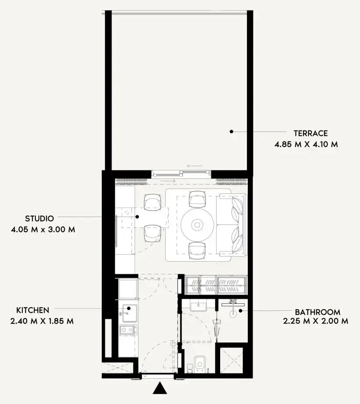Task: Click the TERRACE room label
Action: click(311, 133)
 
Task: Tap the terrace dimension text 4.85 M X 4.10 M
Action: click(306, 144)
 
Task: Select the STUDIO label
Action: click(39, 218)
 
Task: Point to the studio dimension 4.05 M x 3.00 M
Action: click(43, 229)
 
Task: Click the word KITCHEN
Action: click(33, 310)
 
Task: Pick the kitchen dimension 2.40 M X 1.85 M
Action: click(42, 321)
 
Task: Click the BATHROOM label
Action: click(318, 312)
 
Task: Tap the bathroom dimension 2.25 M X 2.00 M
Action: click(316, 321)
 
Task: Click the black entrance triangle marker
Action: click(160, 387)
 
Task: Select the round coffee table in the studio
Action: click(197, 225)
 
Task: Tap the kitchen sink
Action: click(130, 313)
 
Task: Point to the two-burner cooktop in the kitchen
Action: click(128, 330)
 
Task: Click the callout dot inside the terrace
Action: click(232, 131)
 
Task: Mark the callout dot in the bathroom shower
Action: click(240, 311)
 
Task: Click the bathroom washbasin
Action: click(198, 306)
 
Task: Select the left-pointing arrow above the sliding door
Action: click(195, 166)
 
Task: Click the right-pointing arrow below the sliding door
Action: click(167, 181)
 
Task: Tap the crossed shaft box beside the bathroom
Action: click(232, 360)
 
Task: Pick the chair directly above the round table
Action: click(197, 199)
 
